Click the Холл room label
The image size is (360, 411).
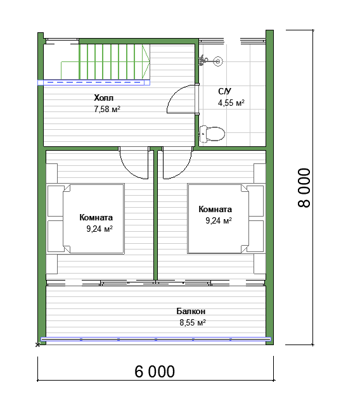pyautogui.click(x=104, y=98)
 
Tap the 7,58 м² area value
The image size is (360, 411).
pyautogui.click(x=107, y=109)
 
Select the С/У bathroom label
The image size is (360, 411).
pyautogui.click(x=224, y=91)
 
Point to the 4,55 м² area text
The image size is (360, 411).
pyautogui.click(x=231, y=103)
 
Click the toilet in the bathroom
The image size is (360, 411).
pyautogui.click(x=212, y=134)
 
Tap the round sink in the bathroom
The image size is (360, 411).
pyautogui.click(x=217, y=61)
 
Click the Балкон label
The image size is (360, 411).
pyautogui.click(x=191, y=311)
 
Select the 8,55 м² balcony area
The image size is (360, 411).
pyautogui.click(x=193, y=322)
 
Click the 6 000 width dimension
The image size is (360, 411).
pyautogui.click(x=155, y=372)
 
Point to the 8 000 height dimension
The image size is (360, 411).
pyautogui.click(x=304, y=187)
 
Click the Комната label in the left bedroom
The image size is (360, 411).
pyautogui.click(x=96, y=217)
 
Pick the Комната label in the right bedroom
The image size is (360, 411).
pyautogui.click(x=215, y=209)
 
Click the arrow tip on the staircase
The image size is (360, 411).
pyautogui.click(x=150, y=62)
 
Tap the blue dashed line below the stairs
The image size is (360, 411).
pyautogui.click(x=94, y=82)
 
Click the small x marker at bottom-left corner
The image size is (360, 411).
pyautogui.click(x=38, y=345)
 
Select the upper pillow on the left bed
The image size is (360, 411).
pyautogui.click(x=56, y=201)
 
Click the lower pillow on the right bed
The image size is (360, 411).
pyautogui.click(x=255, y=236)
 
